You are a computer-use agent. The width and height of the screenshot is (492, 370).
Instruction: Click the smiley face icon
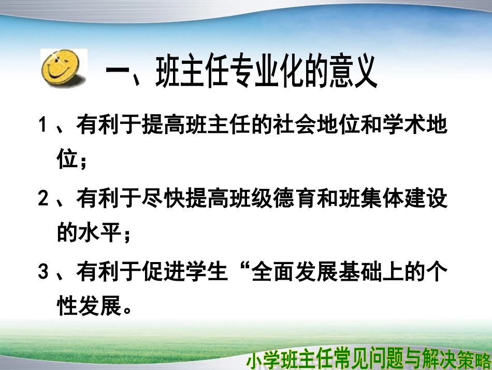click(x=63, y=70)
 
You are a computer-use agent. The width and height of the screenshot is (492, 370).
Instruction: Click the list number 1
click(x=44, y=126)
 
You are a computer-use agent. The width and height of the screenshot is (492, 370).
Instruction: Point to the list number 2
click(x=44, y=200)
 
